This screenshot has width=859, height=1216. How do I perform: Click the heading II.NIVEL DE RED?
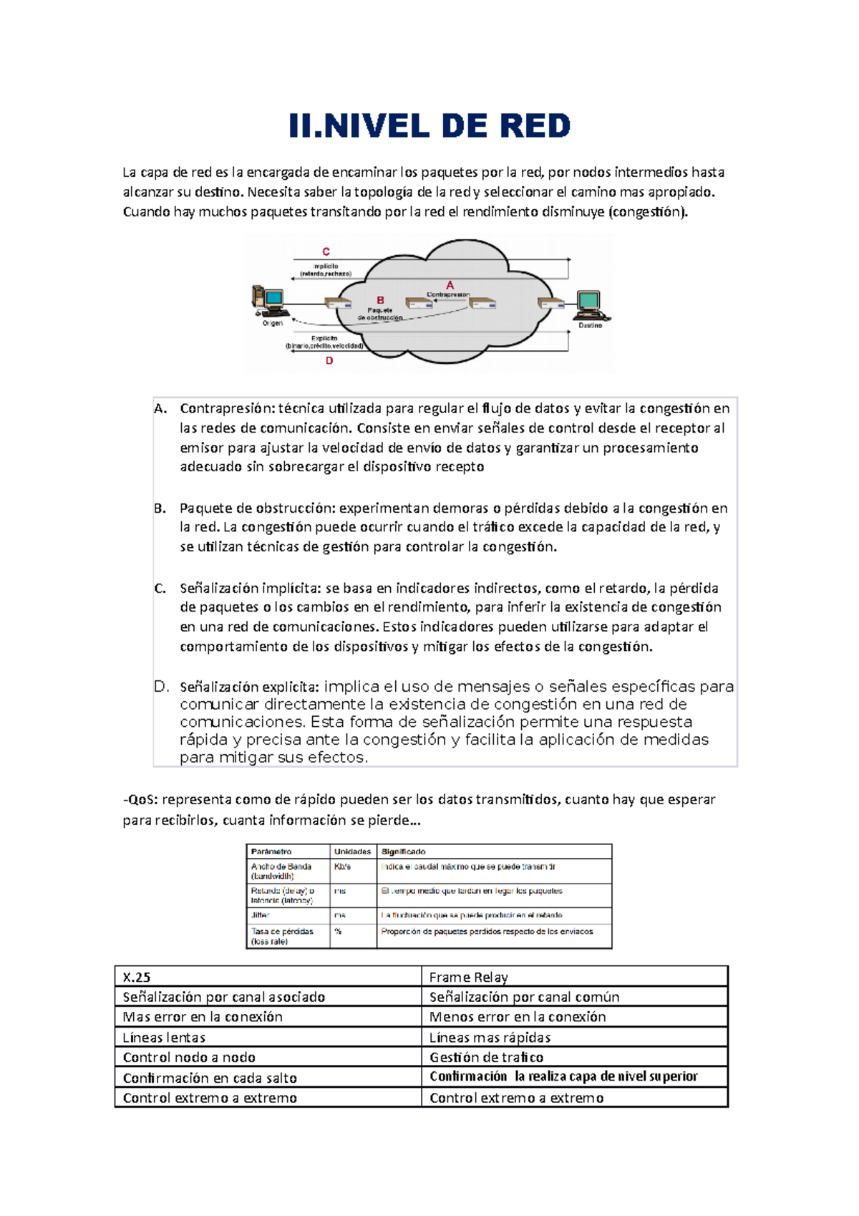click(429, 126)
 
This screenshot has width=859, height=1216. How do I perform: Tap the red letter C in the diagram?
click(326, 251)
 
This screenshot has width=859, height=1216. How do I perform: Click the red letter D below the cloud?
click(329, 361)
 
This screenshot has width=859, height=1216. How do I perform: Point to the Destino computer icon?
click(590, 305)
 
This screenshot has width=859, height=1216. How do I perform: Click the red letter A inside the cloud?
click(450, 285)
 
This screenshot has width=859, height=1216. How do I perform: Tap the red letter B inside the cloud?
click(381, 300)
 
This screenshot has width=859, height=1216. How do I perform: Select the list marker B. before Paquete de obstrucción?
click(160, 508)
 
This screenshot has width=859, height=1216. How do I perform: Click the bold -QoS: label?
click(140, 800)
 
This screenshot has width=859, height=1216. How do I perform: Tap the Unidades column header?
click(352, 851)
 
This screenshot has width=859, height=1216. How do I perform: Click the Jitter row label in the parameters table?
click(260, 915)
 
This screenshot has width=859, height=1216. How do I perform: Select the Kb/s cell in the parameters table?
click(342, 867)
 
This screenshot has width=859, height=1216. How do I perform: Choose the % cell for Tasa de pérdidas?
click(338, 932)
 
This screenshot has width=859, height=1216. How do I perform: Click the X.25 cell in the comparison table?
click(137, 978)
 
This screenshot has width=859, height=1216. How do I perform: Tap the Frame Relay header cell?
click(468, 978)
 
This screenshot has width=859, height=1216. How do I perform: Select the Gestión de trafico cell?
click(486, 1058)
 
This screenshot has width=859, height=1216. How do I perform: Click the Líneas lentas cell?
click(164, 1038)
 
